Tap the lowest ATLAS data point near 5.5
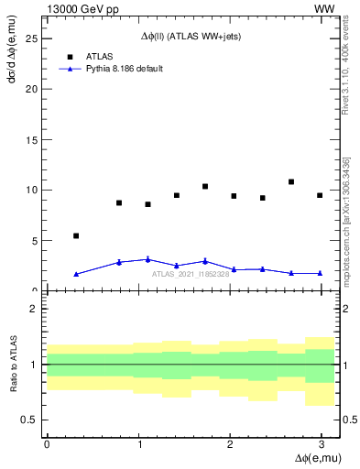point(76,235)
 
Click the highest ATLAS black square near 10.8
point(291,181)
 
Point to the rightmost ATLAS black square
point(320,195)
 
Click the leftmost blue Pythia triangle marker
point(76,274)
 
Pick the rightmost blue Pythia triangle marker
point(320,273)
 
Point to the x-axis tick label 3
point(321,442)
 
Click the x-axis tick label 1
point(137,442)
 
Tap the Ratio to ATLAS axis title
point(12,364)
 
